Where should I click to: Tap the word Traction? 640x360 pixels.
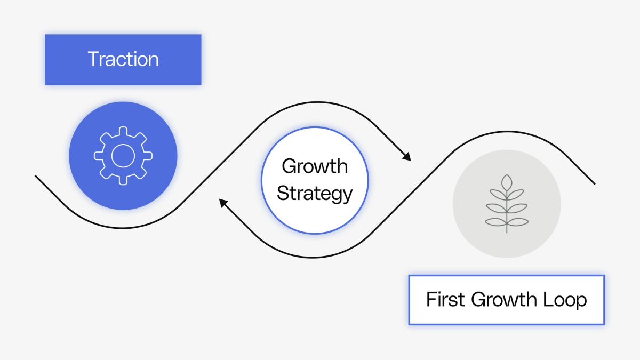(123, 59)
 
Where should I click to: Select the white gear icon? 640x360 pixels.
(123, 156)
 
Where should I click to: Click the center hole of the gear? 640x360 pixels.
(123, 156)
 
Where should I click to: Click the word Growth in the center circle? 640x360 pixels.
(314, 166)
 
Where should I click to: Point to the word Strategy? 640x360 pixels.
(315, 193)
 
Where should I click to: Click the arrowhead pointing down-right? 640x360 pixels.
(407, 157)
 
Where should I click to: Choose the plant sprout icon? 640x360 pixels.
(507, 204)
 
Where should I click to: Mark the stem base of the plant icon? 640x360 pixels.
(507, 231)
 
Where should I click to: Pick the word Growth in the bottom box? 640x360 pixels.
(503, 300)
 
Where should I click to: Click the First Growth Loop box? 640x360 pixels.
(506, 315)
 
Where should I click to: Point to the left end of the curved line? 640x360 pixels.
(36, 176)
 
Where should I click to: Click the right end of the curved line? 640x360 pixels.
(594, 184)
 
